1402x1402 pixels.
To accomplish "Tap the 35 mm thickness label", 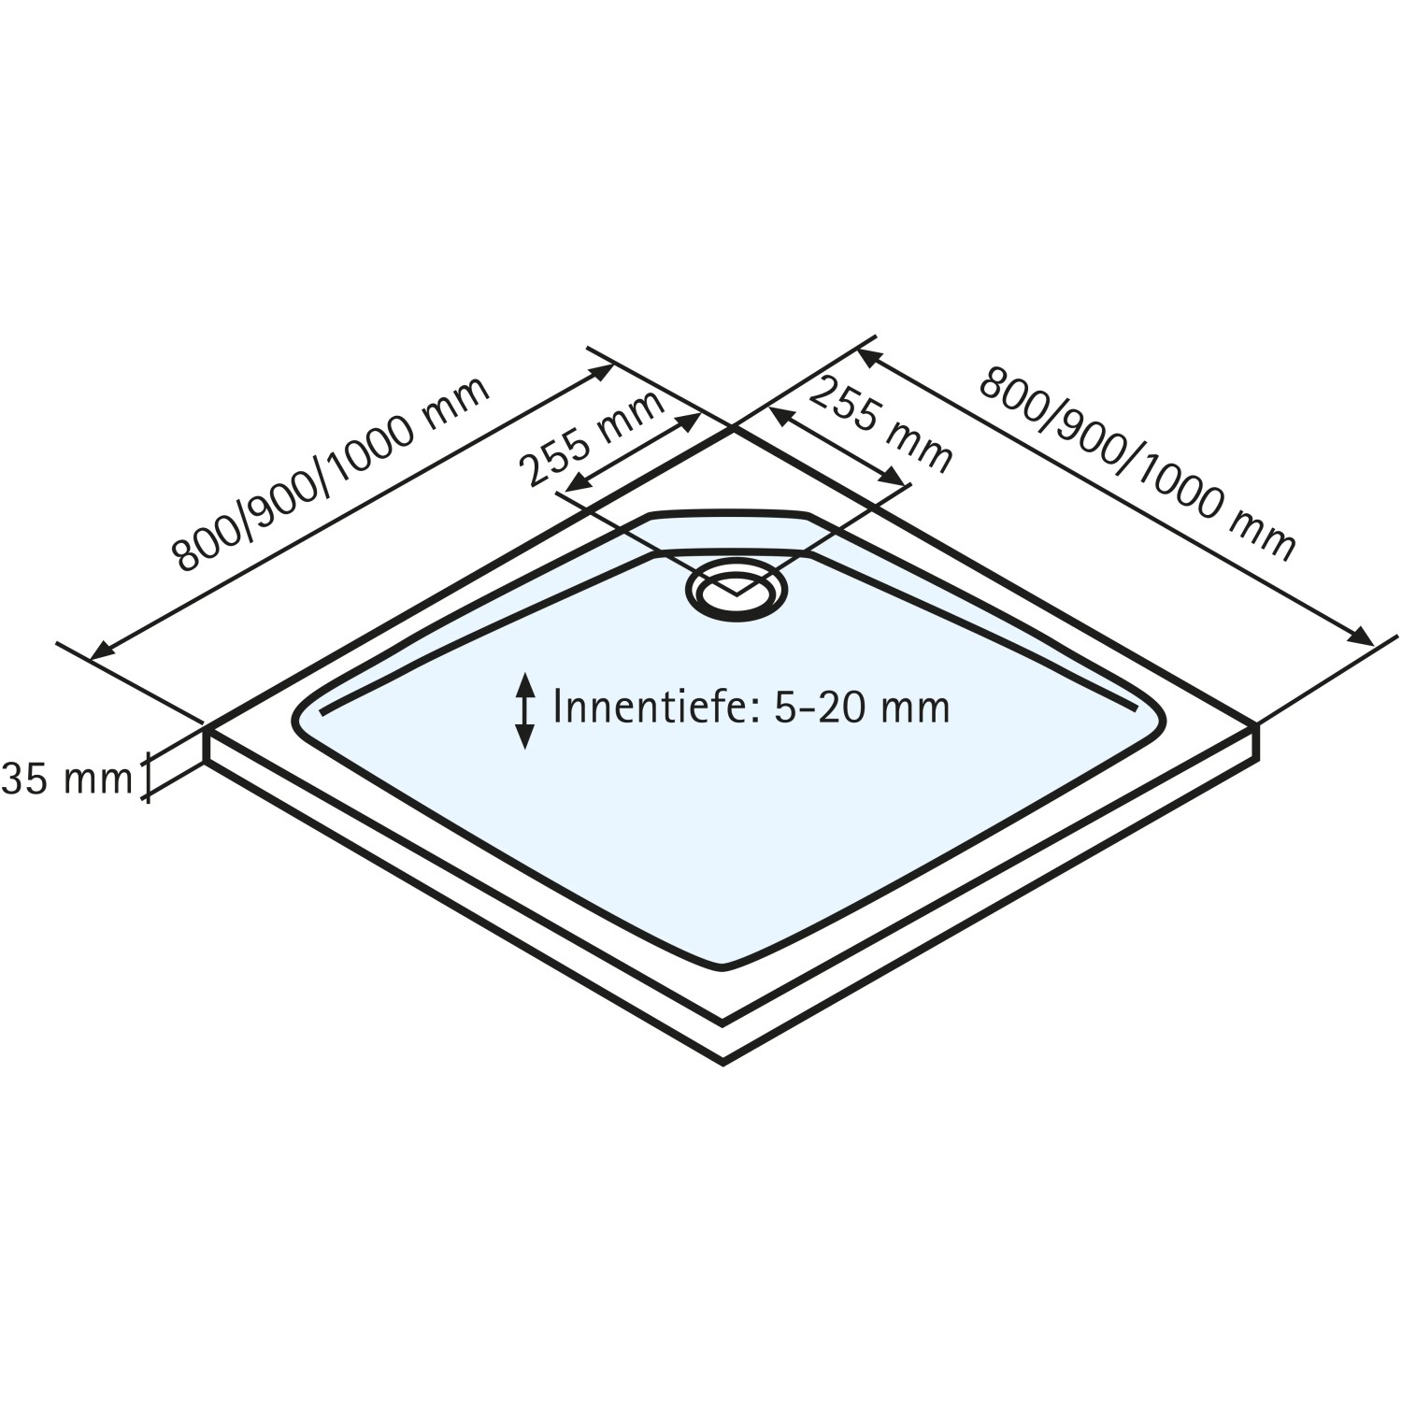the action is click(67, 779).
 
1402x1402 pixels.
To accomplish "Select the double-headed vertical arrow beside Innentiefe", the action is click(525, 710).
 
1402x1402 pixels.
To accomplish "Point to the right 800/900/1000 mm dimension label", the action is click(1137, 465).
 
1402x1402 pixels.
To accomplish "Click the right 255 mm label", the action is click(880, 425).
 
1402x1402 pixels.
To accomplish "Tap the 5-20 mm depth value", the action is click(862, 707).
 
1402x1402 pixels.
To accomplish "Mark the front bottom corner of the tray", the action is click(723, 1062).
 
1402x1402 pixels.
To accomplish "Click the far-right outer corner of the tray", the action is click(1257, 726).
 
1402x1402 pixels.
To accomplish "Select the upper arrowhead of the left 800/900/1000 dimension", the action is click(603, 371).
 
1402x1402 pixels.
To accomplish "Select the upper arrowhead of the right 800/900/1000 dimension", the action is click(867, 356).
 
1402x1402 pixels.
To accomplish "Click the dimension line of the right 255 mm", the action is click(837, 445).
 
